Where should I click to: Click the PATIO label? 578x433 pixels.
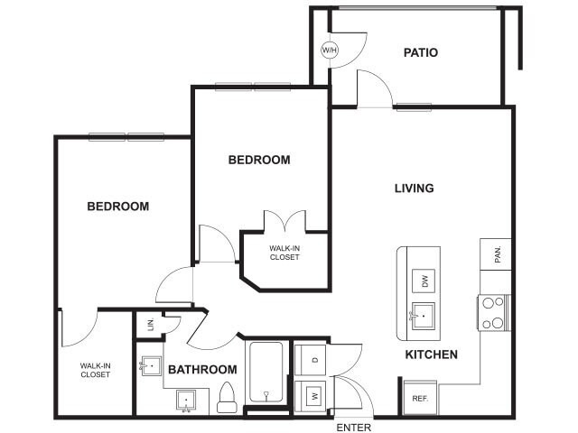420,53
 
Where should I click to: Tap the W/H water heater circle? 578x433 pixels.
329,50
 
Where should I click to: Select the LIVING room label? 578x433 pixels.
414,189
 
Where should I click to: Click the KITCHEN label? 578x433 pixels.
431,355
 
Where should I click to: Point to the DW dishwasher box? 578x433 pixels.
424,281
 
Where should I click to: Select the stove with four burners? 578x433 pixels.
494,312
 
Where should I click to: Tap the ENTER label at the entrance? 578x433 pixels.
353,427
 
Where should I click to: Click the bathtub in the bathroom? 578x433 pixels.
266,373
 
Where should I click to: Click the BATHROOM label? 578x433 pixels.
202,370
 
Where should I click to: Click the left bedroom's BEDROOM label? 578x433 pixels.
117,207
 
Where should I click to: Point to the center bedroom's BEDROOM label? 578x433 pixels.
259,160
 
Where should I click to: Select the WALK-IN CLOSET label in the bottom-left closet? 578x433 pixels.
95,369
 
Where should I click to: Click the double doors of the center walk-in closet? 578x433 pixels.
284,223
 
